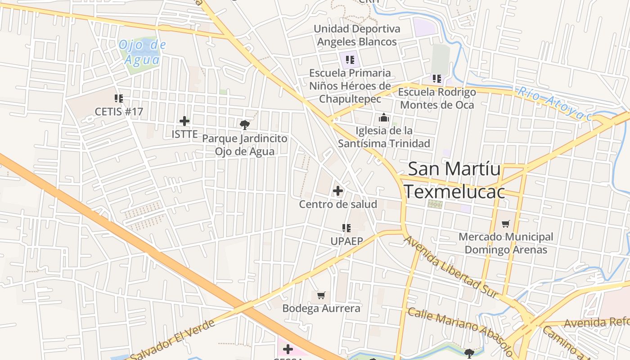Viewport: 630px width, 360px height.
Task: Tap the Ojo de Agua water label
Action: pyautogui.click(x=142, y=52)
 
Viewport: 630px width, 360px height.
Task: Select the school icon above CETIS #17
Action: pyautogui.click(x=119, y=98)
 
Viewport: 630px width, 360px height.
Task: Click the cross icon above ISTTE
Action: pyautogui.click(x=184, y=121)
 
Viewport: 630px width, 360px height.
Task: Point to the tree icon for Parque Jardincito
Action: pyautogui.click(x=244, y=125)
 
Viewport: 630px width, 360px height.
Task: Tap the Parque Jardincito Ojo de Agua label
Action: pyautogui.click(x=244, y=145)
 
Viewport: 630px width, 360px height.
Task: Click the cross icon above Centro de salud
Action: pyautogui.click(x=338, y=191)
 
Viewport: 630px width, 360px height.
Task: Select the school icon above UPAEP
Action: pyautogui.click(x=346, y=228)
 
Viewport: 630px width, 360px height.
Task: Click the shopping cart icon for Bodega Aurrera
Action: pyautogui.click(x=321, y=296)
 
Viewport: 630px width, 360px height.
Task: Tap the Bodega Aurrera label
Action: pyautogui.click(x=321, y=308)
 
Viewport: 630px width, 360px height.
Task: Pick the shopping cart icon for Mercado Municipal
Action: pyautogui.click(x=506, y=224)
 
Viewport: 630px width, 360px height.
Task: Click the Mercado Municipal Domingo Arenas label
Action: pyautogui.click(x=506, y=243)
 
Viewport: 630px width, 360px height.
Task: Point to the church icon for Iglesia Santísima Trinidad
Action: pyautogui.click(x=384, y=118)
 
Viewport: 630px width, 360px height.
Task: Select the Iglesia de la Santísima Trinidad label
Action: pyautogui.click(x=384, y=137)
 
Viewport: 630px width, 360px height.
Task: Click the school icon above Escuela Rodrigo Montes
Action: pyautogui.click(x=437, y=79)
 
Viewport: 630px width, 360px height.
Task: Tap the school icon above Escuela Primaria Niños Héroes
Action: pyautogui.click(x=350, y=59)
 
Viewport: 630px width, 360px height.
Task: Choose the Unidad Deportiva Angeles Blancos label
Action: pyautogui.click(x=357, y=35)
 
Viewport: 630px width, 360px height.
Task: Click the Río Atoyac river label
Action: pyautogui.click(x=554, y=104)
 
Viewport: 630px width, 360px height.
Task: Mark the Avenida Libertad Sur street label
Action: pyautogui.click(x=451, y=266)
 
